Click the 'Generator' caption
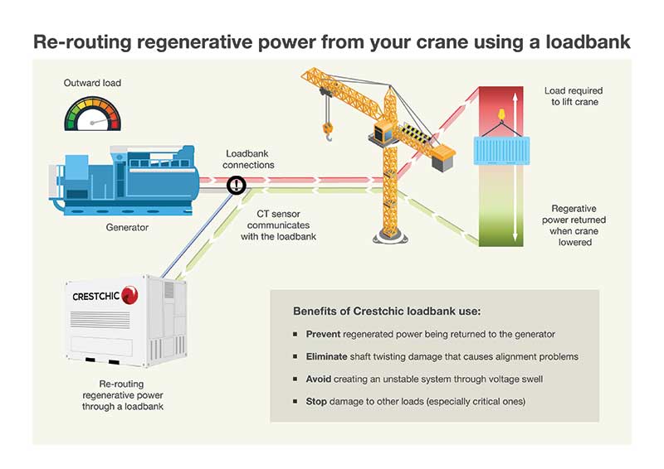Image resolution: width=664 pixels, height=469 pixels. pos(127,227)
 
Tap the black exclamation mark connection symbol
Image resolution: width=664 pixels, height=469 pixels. pos(237,186)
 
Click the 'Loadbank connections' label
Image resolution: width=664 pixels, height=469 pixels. pos(250,159)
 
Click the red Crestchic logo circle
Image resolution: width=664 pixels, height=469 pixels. pos(129,294)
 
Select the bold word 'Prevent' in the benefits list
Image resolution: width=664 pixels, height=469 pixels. pos(324,334)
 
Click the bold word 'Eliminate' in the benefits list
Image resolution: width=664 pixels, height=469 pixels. pos(328,356)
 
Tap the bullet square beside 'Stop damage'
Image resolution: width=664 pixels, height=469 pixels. pos(295,401)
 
